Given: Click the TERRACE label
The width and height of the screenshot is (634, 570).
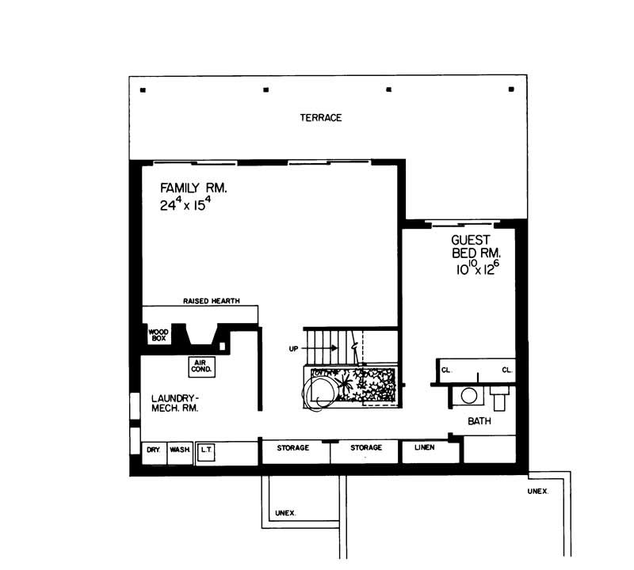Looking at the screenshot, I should [x=320, y=118].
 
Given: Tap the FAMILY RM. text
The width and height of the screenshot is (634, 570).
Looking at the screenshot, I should [x=193, y=188].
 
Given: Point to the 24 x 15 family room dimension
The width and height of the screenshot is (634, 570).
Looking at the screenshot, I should [x=187, y=206].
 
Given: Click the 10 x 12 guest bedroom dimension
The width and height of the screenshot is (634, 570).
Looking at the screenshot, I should [x=475, y=268].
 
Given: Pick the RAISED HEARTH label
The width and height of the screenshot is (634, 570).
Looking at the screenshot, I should [x=211, y=301].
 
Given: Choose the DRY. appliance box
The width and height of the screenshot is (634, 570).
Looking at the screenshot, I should [x=153, y=450].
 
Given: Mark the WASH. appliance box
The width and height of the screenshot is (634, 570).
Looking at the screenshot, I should [x=179, y=450].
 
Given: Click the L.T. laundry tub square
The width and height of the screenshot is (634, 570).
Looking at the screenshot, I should [x=204, y=450].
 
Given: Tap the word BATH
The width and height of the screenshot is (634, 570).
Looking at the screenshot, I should [x=479, y=421].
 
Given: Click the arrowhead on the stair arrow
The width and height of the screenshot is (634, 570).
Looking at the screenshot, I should [x=335, y=348].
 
